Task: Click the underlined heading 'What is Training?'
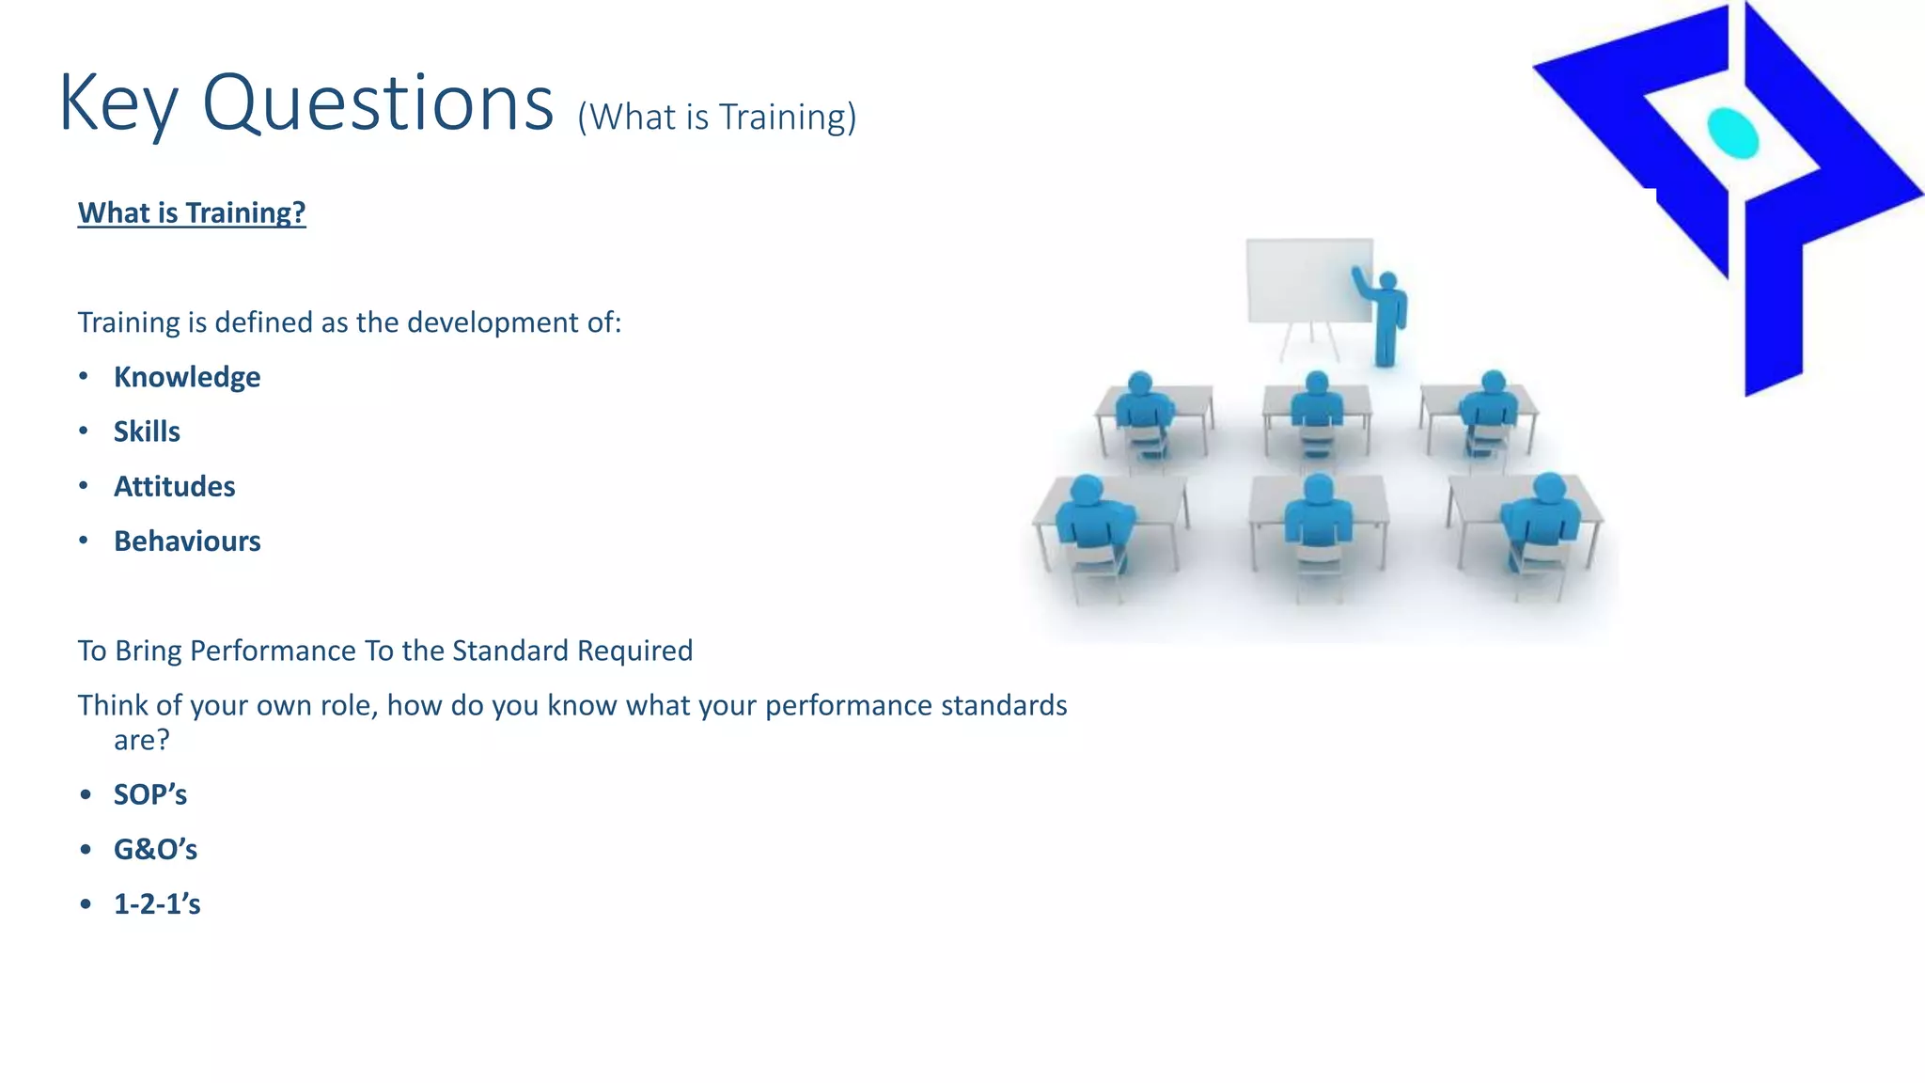coord(192,212)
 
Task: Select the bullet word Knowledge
coord(187,377)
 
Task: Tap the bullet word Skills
coord(147,432)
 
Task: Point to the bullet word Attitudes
coord(174,486)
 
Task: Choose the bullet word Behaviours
coord(187,541)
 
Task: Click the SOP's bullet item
coord(150,795)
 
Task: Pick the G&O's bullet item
coord(155,850)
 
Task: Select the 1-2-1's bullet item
coord(157,904)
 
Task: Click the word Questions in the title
coord(378,103)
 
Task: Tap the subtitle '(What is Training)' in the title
coord(716,118)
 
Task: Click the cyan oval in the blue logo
coord(1732,133)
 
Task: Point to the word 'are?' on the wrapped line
coord(141,741)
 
